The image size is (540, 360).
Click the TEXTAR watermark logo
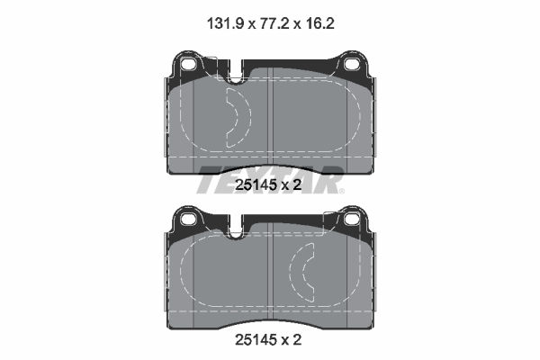pyautogui.click(x=271, y=178)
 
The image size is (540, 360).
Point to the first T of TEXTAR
pyautogui.click(x=209, y=179)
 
